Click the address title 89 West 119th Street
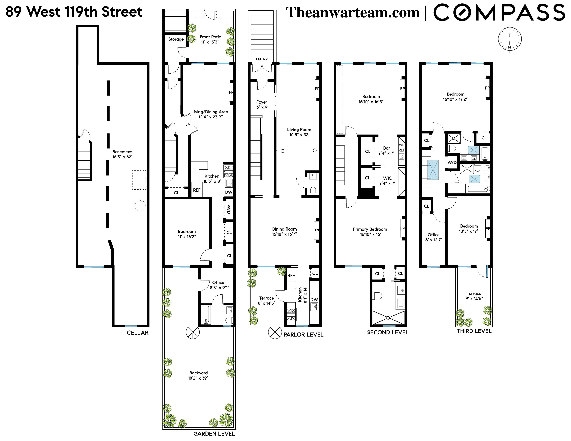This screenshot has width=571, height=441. (x=74, y=12)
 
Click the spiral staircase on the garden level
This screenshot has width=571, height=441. (x=193, y=333)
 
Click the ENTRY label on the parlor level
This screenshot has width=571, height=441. (x=262, y=59)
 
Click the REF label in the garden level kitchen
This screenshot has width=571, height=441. (x=197, y=190)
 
